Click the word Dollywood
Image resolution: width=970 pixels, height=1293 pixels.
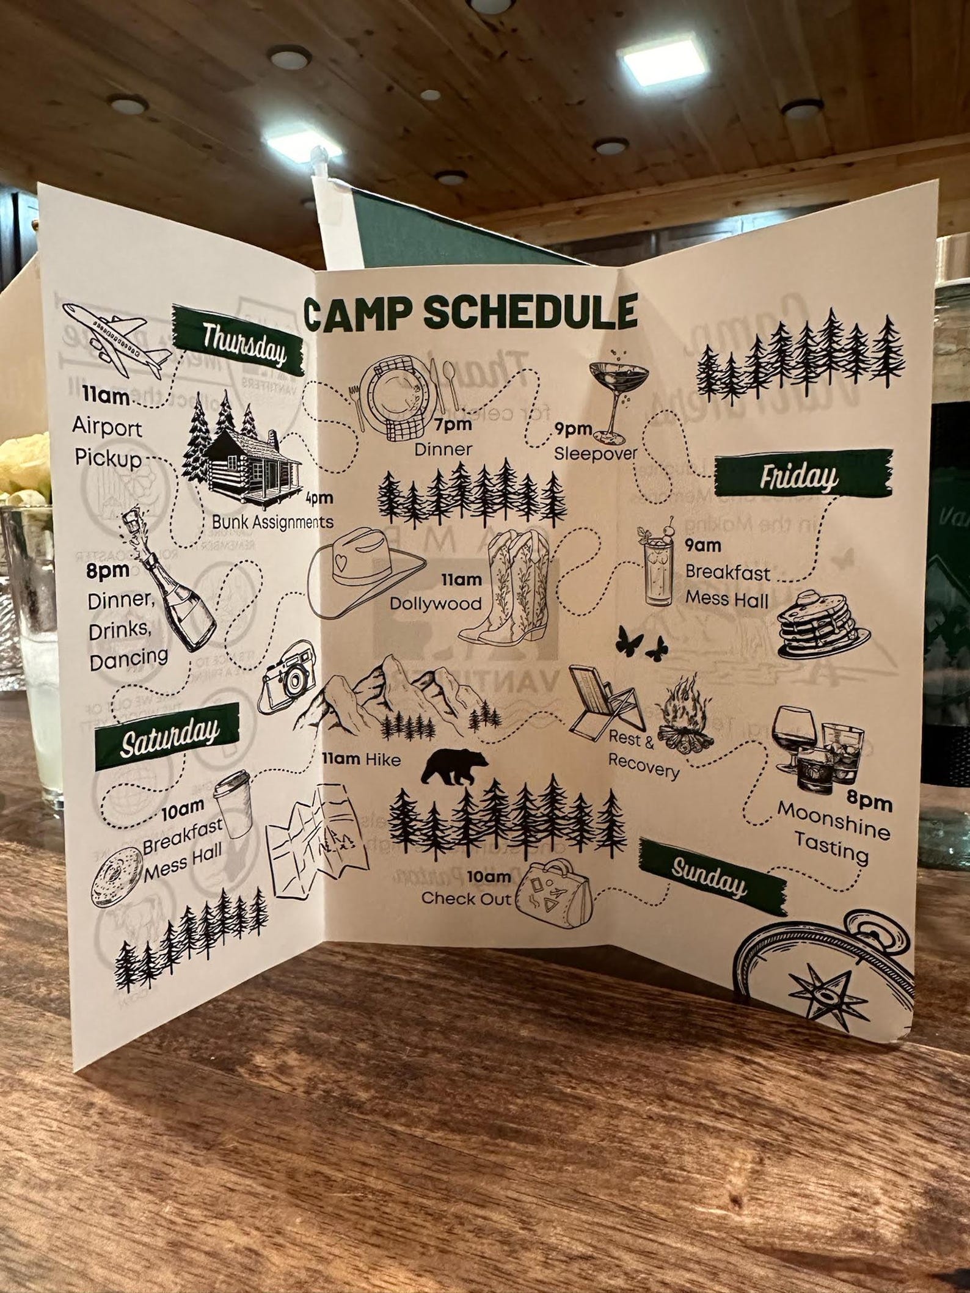(x=436, y=603)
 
